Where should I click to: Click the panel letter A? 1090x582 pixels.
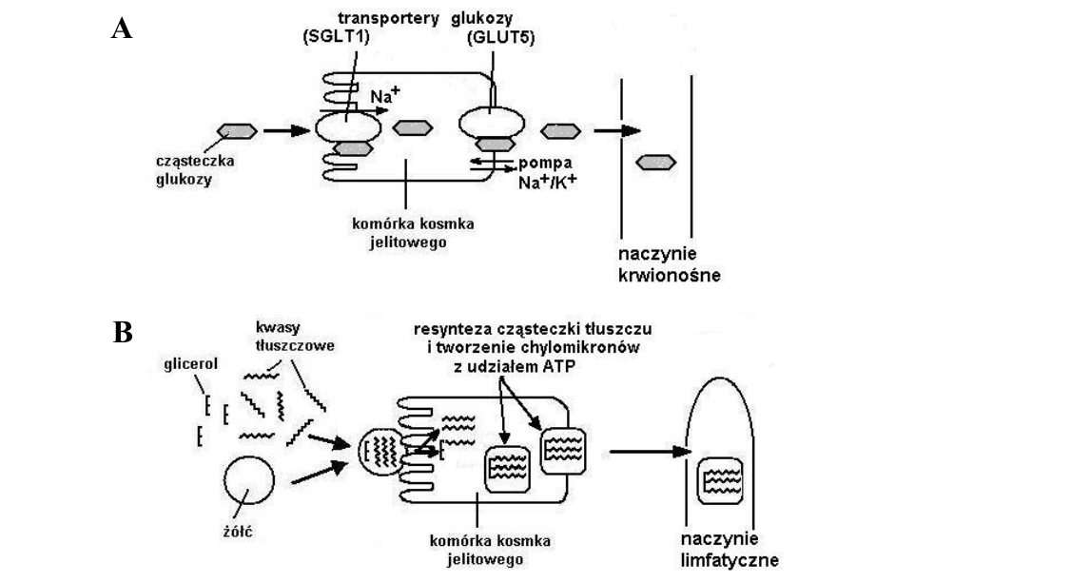(x=122, y=29)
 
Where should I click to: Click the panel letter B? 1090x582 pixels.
(x=123, y=333)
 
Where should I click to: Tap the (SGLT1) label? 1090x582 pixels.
(x=336, y=37)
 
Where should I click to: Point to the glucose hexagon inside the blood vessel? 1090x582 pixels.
(x=655, y=163)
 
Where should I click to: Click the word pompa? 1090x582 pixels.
(x=545, y=163)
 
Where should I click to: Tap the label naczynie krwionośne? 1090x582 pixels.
(x=669, y=265)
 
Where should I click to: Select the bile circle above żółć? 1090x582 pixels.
(x=249, y=480)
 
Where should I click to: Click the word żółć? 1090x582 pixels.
(x=237, y=532)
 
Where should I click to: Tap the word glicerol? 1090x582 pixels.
(x=190, y=363)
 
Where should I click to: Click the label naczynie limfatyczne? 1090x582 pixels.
(x=730, y=550)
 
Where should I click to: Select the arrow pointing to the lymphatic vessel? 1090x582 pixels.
(x=650, y=452)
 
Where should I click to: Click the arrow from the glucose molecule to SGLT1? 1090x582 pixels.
(x=286, y=130)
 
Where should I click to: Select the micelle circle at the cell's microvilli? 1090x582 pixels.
(x=381, y=453)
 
